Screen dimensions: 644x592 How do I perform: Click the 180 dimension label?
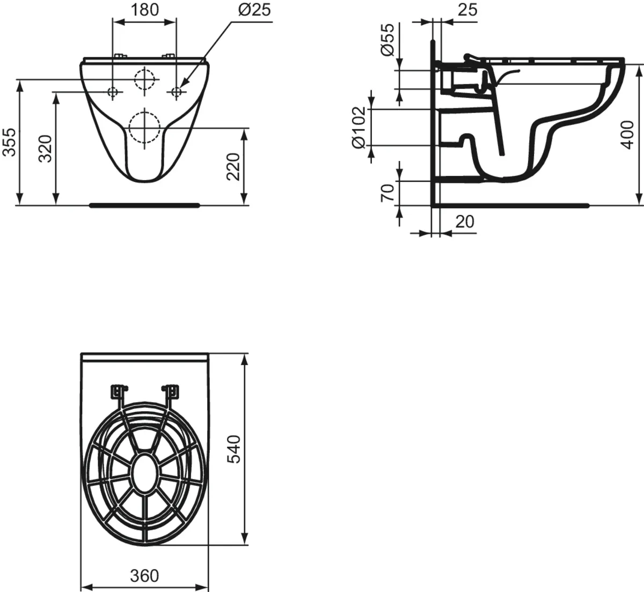(x=144, y=10)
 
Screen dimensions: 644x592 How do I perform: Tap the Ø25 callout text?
(x=254, y=10)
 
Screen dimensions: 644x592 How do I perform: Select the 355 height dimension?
(x=9, y=142)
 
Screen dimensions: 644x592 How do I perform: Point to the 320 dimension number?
(x=45, y=149)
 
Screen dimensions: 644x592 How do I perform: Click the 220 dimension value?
(x=233, y=167)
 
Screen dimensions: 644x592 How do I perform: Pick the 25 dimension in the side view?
(x=467, y=10)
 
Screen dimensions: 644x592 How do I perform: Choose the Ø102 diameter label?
(x=359, y=128)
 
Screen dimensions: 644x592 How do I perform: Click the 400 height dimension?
(x=627, y=135)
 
